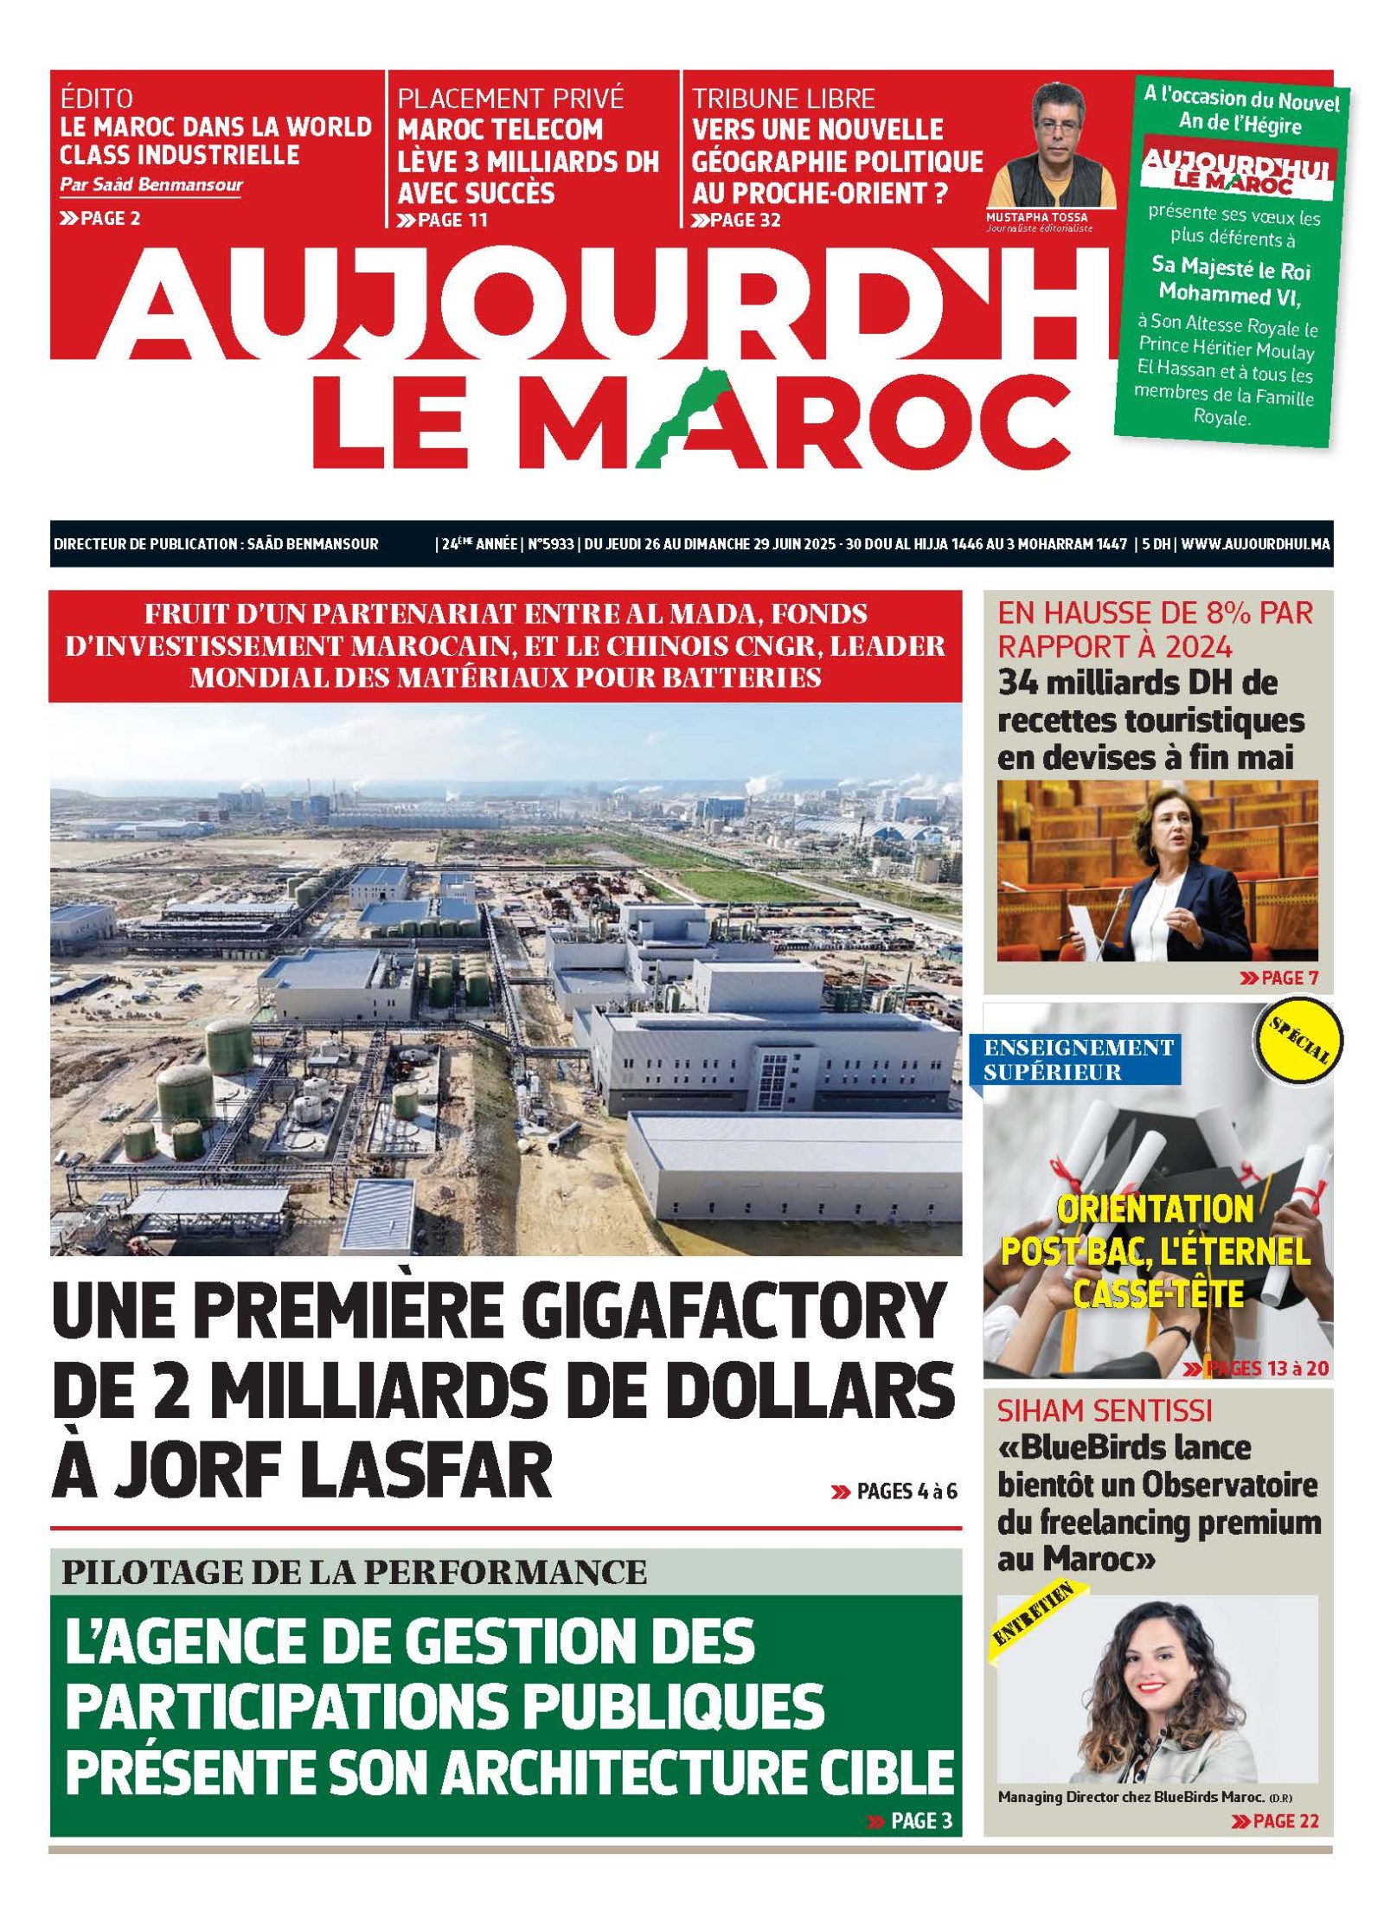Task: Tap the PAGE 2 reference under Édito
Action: (x=100, y=218)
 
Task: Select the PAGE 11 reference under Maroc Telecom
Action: (x=443, y=220)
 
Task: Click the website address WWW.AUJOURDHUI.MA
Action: (x=1255, y=544)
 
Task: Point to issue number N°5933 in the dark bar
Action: (x=550, y=544)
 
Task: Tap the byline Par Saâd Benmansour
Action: (x=151, y=184)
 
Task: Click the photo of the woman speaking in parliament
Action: (x=1157, y=870)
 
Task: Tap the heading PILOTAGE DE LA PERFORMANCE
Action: (x=354, y=1570)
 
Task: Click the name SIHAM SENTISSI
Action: (x=1105, y=1411)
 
